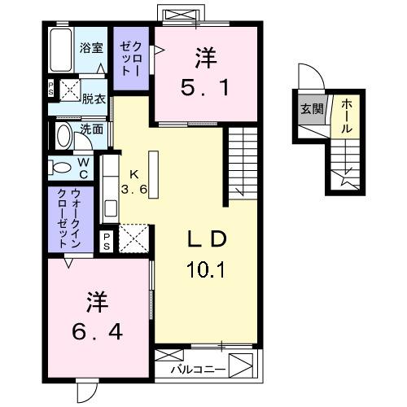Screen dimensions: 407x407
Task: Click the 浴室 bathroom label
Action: pyautogui.click(x=90, y=48)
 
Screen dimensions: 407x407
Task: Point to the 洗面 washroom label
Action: pyautogui.click(x=92, y=129)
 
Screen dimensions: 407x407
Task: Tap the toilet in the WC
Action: pyautogui.click(x=62, y=168)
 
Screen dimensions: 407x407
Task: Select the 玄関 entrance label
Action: pyautogui.click(x=310, y=108)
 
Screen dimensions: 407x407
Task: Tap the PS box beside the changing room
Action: pyautogui.click(x=50, y=88)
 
